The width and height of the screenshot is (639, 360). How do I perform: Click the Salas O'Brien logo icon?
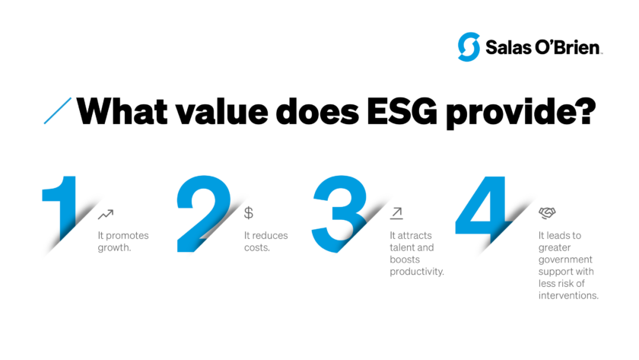click(469, 47)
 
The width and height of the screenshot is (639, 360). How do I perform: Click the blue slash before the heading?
click(59, 110)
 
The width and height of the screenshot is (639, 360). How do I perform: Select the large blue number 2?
click(202, 213)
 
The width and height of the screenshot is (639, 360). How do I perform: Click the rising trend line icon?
click(106, 215)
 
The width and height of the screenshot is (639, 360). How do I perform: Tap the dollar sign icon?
click(249, 213)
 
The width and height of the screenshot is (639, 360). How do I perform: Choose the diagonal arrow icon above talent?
click(396, 213)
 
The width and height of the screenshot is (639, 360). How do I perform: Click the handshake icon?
click(547, 213)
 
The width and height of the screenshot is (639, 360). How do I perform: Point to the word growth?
click(114, 247)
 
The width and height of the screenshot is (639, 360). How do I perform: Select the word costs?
click(256, 247)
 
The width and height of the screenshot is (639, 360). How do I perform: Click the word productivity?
click(416, 272)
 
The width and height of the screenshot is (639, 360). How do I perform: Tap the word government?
click(564, 259)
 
